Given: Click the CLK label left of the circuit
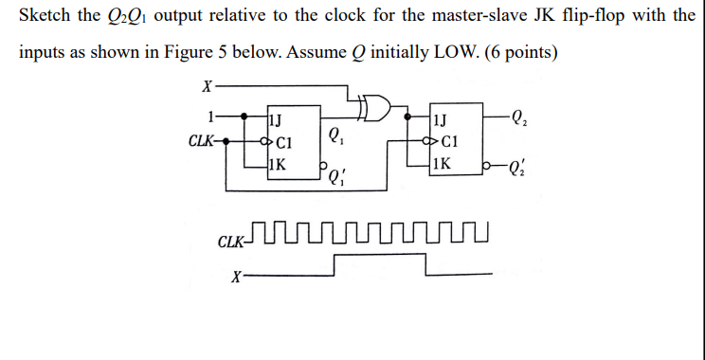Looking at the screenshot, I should (201, 141).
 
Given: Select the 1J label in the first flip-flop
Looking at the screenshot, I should (275, 120).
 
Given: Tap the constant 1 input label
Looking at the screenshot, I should (210, 117).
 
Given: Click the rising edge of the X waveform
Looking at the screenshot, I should (335, 266).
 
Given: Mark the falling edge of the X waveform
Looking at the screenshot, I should (426, 266).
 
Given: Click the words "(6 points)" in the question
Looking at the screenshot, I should (520, 50).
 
